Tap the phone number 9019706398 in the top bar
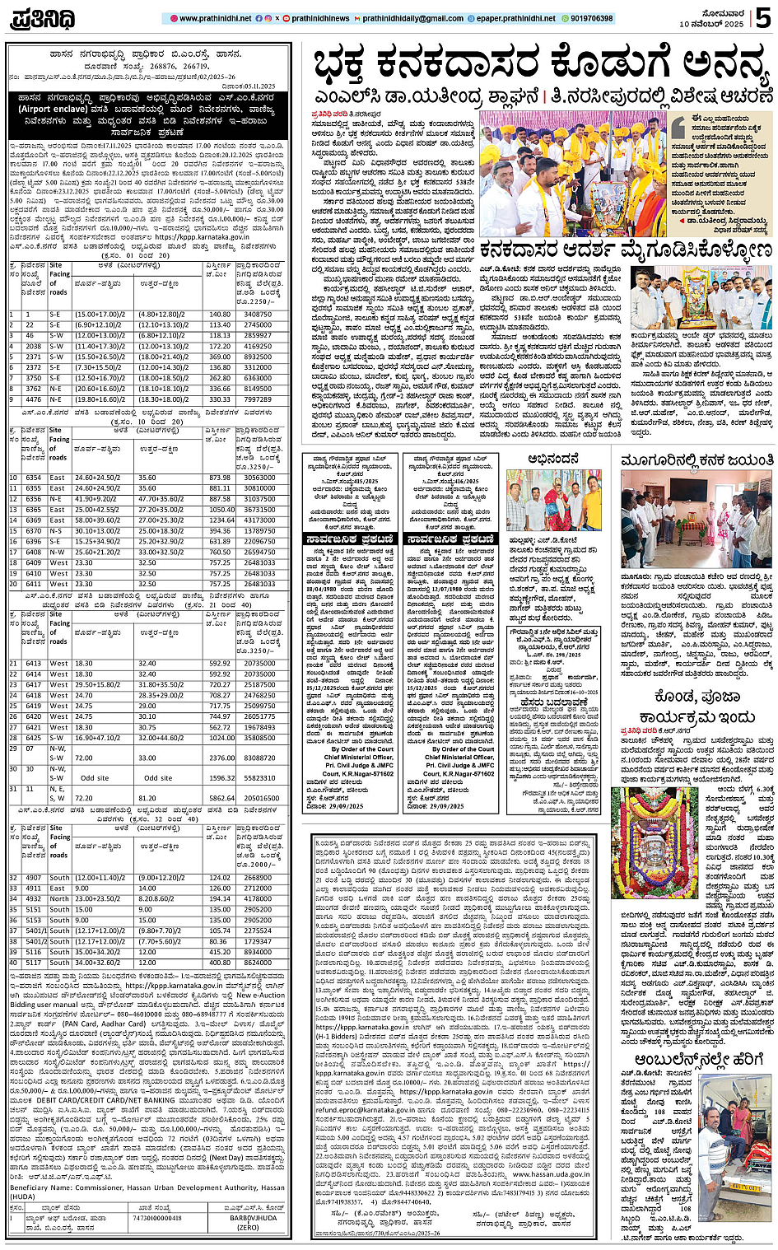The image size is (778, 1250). (586, 18)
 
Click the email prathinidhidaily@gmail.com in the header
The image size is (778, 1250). (407, 18)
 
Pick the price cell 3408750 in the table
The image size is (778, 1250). (258, 315)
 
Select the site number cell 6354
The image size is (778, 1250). (33, 478)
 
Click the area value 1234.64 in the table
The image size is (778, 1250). (220, 520)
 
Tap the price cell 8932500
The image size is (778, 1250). (258, 357)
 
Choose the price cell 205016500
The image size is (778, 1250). (261, 798)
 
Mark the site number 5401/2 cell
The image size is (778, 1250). (33, 941)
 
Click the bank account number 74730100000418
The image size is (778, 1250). (157, 1217)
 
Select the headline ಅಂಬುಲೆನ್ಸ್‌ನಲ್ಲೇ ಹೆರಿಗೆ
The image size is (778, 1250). (682, 1060)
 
